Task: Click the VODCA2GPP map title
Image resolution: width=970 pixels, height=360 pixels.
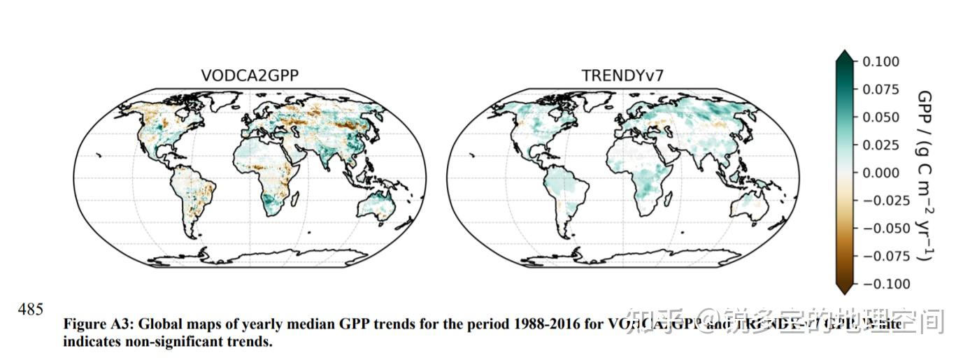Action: click(250, 76)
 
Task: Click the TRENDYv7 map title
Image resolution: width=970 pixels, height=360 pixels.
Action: click(622, 76)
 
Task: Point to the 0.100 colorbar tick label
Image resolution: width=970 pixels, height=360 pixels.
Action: click(880, 62)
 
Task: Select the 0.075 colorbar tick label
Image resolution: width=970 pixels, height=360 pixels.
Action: click(880, 89)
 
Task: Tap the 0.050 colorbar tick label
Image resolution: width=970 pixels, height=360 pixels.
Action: click(880, 117)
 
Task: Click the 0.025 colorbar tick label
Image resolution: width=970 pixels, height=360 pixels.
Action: click(880, 145)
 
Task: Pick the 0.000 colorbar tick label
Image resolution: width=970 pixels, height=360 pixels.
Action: click(880, 173)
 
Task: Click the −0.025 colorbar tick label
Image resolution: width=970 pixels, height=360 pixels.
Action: click(883, 201)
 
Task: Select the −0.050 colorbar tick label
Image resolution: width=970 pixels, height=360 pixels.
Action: click(883, 228)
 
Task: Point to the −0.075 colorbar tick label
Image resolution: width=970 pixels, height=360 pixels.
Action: click(883, 256)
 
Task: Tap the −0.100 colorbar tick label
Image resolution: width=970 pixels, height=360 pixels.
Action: click(883, 284)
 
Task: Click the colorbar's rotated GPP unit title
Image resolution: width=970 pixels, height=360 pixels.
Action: click(924, 175)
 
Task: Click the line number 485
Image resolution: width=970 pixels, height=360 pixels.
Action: click(30, 310)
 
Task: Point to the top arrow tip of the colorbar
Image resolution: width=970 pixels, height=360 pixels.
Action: click(844, 52)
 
